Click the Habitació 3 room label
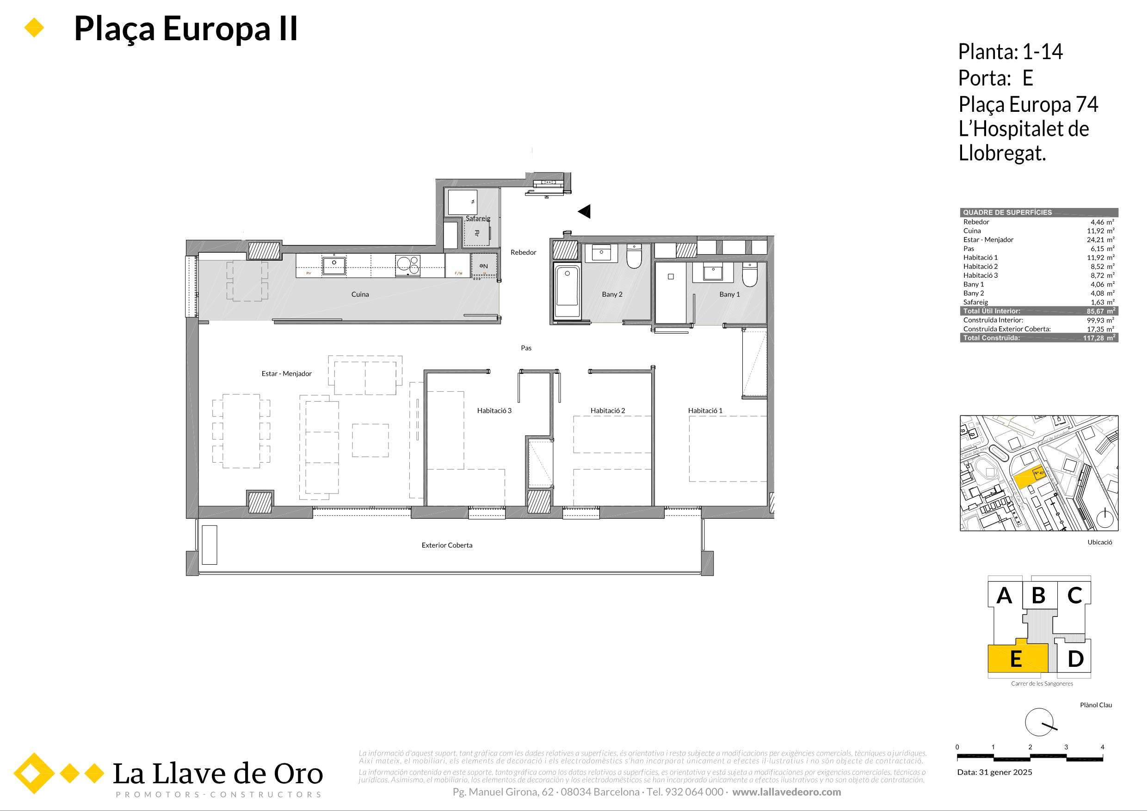tap(494, 411)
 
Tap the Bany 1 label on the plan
tap(729, 294)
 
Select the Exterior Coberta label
tap(446, 545)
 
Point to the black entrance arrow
tap(585, 212)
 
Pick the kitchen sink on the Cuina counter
tap(333, 264)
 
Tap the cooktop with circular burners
tap(407, 265)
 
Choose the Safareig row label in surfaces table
tap(975, 302)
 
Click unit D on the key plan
tap(1075, 659)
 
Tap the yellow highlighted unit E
tap(1016, 659)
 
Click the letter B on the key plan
tap(1038, 596)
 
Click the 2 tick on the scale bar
tap(1031, 747)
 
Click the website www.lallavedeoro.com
tap(786, 792)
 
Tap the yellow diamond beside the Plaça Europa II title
tap(35, 28)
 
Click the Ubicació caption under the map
tap(1099, 542)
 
